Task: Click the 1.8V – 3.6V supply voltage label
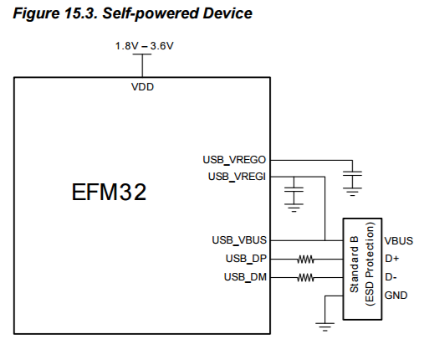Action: tap(144, 45)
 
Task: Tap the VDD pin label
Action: tap(143, 86)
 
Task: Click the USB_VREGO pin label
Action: tap(235, 158)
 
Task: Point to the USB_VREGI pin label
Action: tap(237, 176)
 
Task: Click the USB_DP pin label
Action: tap(246, 258)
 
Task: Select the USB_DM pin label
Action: tap(246, 276)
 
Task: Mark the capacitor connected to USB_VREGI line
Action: tap(294, 197)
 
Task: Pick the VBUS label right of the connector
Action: tap(400, 240)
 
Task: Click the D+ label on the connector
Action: tap(391, 259)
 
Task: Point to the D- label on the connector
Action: tap(391, 277)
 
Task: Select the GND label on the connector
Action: tap(396, 296)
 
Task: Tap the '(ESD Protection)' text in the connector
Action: tap(368, 268)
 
